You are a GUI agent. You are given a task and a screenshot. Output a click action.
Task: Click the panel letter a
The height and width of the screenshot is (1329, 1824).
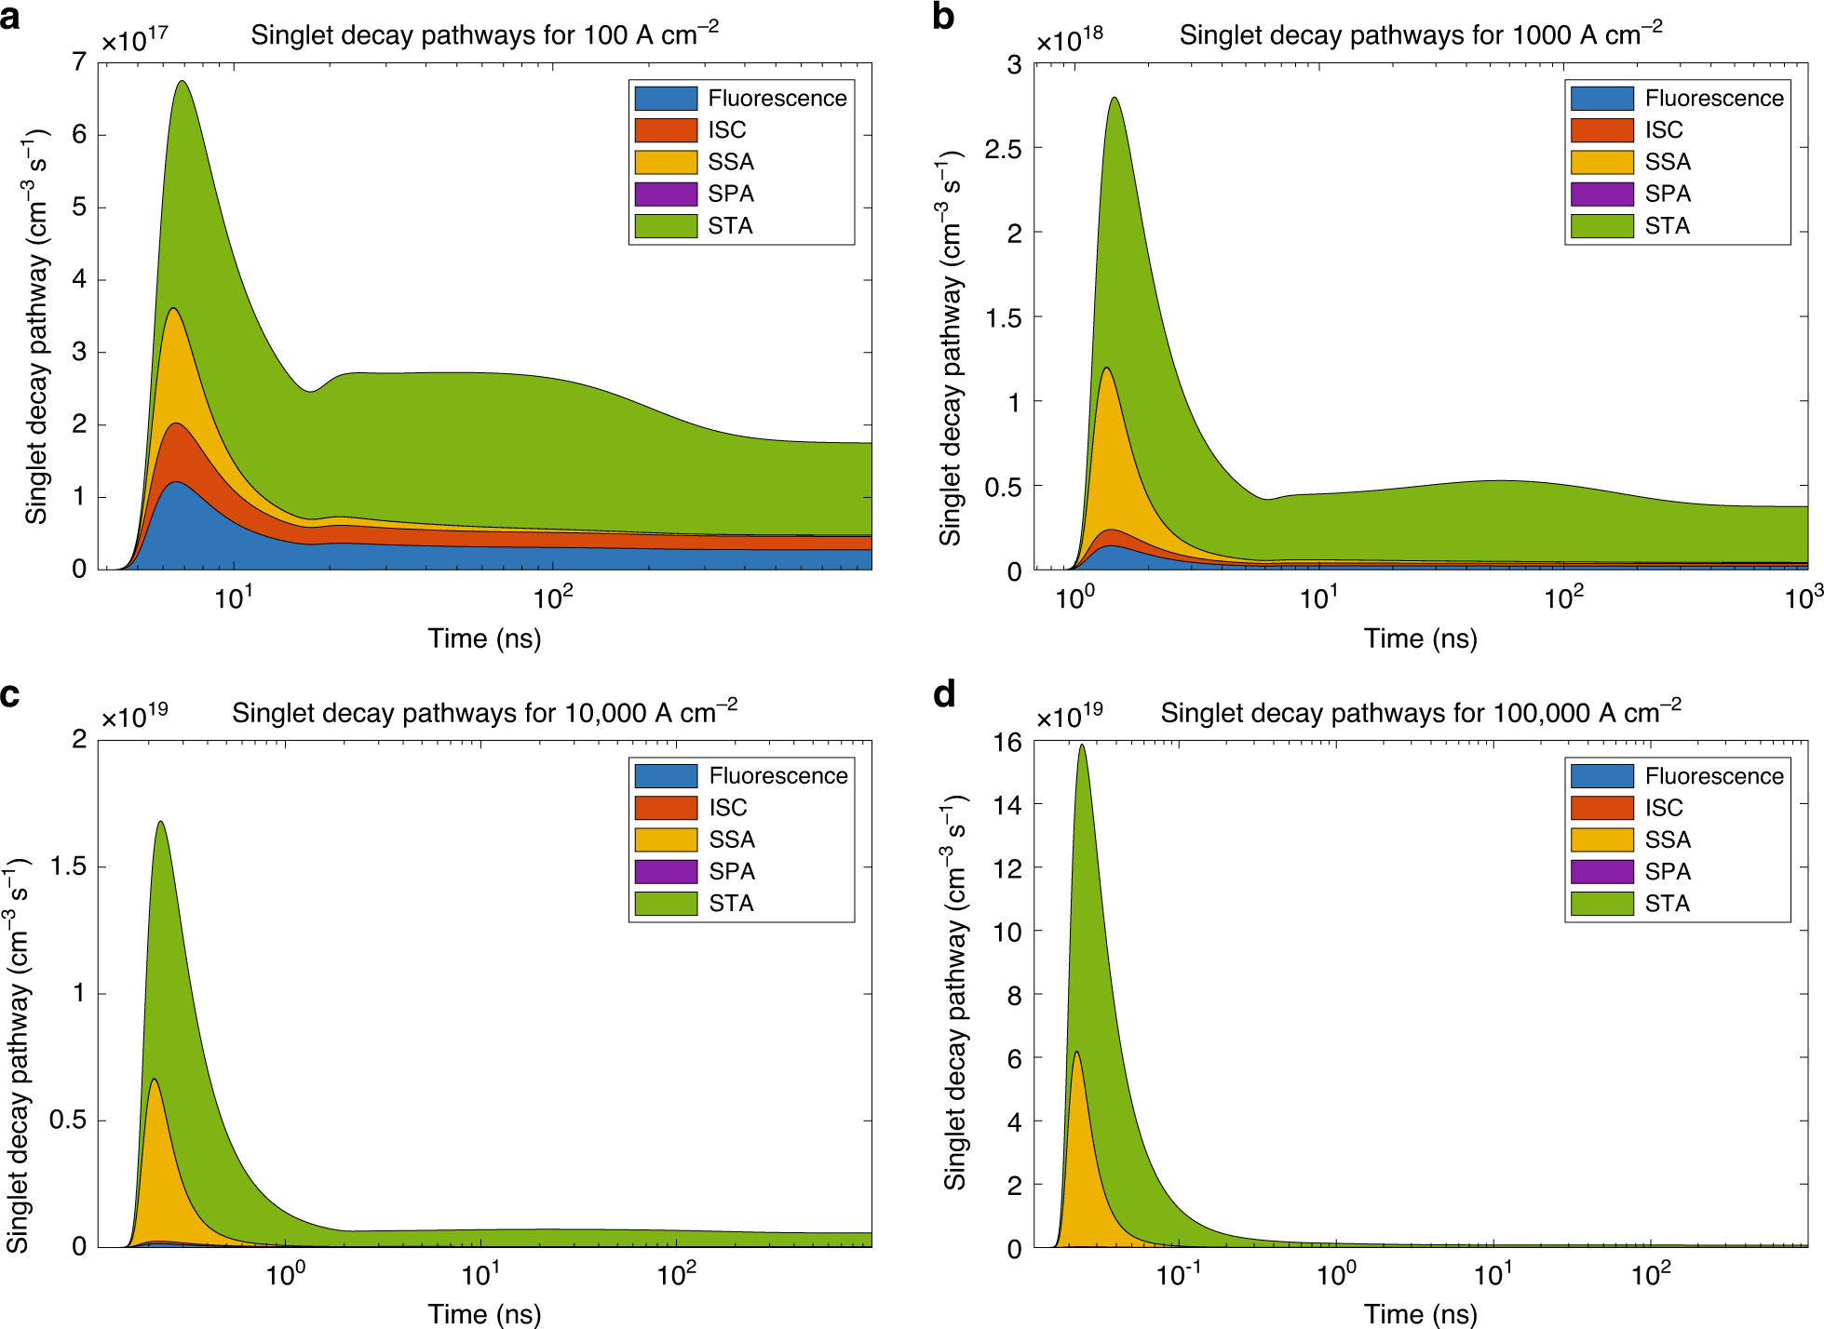click(10, 18)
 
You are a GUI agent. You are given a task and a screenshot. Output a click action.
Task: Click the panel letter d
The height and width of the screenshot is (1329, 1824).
click(944, 694)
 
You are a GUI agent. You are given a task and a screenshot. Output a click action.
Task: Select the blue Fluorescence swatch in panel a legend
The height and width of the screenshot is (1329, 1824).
click(666, 98)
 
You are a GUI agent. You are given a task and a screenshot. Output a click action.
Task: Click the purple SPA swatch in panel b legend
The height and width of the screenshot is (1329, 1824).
click(1601, 194)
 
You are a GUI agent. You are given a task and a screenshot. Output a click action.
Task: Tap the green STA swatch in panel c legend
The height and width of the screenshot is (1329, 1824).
click(666, 903)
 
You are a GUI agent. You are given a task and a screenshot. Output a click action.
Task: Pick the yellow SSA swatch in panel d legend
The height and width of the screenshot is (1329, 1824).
click(1601, 839)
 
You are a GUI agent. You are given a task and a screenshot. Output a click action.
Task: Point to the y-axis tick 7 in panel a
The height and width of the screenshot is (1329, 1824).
click(79, 62)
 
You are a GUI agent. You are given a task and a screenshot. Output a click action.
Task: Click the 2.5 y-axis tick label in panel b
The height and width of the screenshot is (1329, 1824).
click(1003, 149)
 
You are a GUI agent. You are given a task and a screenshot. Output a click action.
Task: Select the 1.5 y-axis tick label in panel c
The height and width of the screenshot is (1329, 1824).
click(68, 866)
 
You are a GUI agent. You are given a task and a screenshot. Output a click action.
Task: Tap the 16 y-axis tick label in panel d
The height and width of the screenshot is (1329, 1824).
click(1007, 742)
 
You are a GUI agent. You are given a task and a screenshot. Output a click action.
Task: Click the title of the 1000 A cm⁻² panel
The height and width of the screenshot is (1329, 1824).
click(1420, 34)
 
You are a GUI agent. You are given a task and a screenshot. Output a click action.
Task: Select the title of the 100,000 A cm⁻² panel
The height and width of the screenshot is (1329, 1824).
click(1420, 712)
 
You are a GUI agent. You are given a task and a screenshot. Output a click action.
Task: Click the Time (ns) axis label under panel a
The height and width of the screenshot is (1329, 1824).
click(484, 638)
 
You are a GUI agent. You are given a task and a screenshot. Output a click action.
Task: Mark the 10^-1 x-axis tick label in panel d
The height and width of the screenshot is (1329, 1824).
click(1178, 1273)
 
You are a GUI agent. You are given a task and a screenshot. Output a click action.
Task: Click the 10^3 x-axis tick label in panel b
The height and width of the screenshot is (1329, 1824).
click(1803, 597)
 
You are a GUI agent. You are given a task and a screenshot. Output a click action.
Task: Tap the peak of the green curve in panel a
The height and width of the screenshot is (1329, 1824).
click(182, 82)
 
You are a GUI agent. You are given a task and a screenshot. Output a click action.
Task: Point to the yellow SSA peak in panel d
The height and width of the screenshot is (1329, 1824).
click(1076, 1053)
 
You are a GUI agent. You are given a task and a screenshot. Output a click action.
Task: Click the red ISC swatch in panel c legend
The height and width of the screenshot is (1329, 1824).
click(666, 808)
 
